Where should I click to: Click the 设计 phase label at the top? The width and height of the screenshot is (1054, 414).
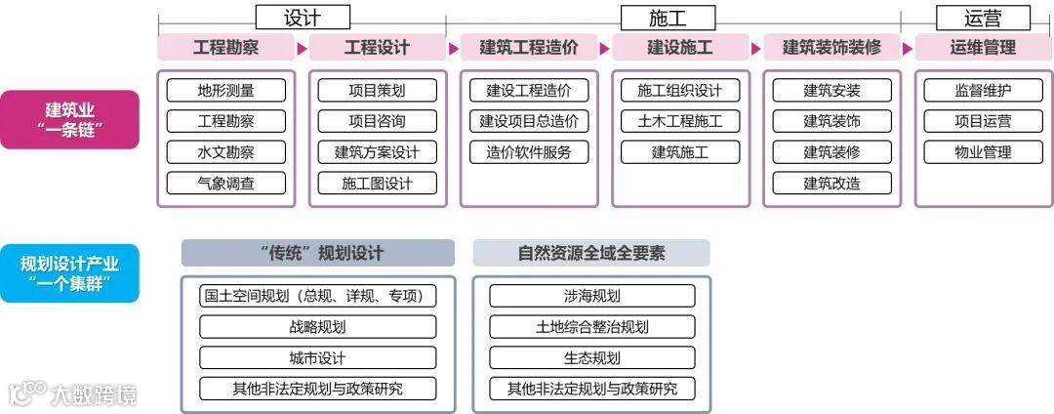click(x=302, y=18)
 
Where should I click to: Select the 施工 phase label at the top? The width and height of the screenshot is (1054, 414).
click(x=668, y=18)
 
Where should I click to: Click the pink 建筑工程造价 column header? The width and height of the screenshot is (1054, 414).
click(x=529, y=48)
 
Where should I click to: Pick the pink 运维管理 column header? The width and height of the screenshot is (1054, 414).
click(x=983, y=48)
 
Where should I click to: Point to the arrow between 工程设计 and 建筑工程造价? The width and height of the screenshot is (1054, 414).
click(x=454, y=48)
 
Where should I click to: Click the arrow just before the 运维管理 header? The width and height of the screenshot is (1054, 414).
click(x=908, y=48)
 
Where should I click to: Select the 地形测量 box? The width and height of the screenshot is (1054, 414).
click(x=225, y=91)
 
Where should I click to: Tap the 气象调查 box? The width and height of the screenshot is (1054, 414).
click(x=225, y=183)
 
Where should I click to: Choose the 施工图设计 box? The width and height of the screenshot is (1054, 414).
click(x=378, y=183)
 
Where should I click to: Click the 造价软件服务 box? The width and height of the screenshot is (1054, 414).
click(x=529, y=152)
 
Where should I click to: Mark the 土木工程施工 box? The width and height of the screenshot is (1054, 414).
click(x=680, y=121)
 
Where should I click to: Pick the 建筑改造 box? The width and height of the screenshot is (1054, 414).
click(x=831, y=183)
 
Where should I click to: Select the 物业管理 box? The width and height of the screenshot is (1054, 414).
click(x=983, y=152)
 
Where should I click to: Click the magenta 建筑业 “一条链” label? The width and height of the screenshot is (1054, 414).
click(x=69, y=120)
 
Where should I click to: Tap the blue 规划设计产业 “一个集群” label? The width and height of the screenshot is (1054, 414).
click(x=69, y=272)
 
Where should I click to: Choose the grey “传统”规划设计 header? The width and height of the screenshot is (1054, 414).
click(x=318, y=254)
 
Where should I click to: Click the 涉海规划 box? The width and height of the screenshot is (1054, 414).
click(x=591, y=296)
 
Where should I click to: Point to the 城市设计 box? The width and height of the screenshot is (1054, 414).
click(x=318, y=357)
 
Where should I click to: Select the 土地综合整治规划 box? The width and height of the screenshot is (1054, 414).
click(x=591, y=327)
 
